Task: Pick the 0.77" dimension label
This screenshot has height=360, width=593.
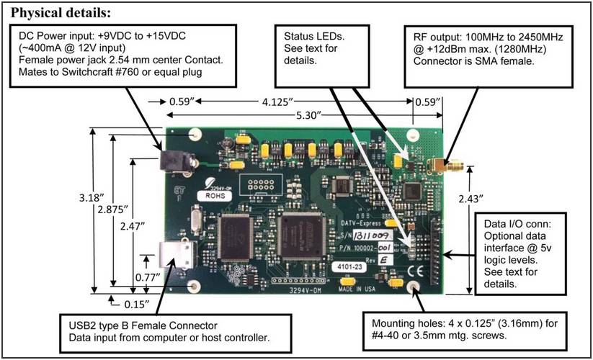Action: [x=148, y=274]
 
